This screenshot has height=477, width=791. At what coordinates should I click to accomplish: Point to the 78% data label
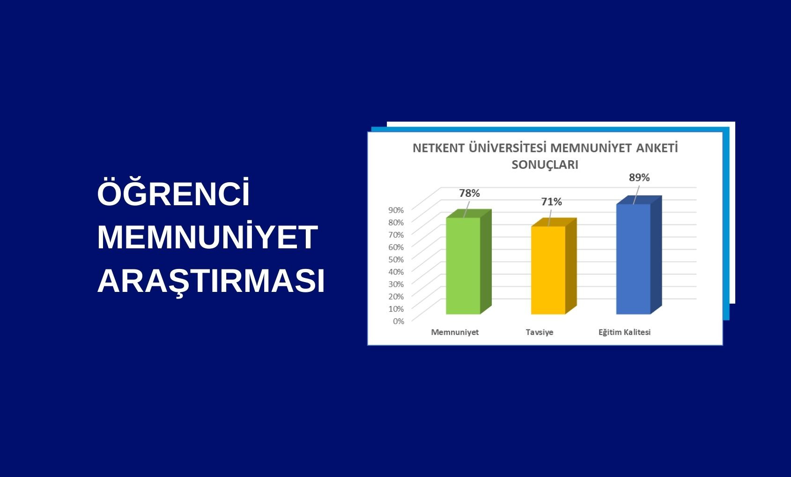pos(469,193)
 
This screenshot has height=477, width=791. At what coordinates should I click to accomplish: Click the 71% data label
pos(552,202)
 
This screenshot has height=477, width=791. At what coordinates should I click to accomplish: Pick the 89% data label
pos(639,178)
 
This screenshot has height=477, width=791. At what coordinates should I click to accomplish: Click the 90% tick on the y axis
pos(396,210)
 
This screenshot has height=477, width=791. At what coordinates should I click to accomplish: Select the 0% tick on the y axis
pos(399,321)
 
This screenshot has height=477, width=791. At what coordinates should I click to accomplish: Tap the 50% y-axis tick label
pos(396,259)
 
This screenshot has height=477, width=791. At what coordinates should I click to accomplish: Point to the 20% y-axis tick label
pos(396,297)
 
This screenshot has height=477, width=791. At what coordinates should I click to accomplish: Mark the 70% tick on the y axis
pos(396,235)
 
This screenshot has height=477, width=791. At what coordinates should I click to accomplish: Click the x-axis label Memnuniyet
pos(455,332)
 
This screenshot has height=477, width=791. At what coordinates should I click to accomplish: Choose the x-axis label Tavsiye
pos(539,332)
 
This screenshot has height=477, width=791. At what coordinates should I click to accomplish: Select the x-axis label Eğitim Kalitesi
pos(624,332)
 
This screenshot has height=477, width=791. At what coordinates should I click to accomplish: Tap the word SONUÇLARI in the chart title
pos(545,164)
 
